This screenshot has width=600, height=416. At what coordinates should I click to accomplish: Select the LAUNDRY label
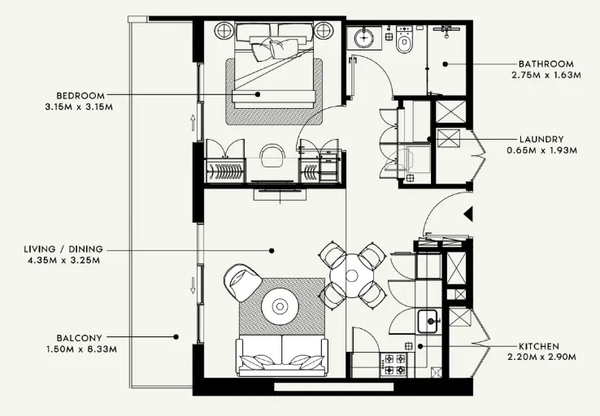tap(541, 139)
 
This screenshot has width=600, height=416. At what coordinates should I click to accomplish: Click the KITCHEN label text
tap(540, 345)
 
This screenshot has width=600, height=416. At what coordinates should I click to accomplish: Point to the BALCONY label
tap(79, 337)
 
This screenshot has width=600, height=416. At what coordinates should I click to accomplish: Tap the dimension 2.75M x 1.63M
tap(546, 75)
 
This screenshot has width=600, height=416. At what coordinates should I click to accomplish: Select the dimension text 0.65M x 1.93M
tap(541, 150)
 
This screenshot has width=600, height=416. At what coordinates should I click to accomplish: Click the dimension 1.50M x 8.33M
tap(79, 349)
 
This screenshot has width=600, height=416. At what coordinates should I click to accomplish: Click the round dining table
tap(352, 274)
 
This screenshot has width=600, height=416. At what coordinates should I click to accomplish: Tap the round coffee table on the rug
tap(280, 306)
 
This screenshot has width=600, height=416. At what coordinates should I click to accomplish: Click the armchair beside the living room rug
tap(242, 282)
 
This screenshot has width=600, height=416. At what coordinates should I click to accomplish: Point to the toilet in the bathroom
tap(404, 41)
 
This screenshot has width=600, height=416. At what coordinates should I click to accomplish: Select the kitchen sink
tap(428, 322)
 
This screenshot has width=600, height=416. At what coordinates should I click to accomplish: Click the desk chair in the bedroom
tap(272, 154)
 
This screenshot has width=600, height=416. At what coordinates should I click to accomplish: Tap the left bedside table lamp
tap(224, 31)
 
